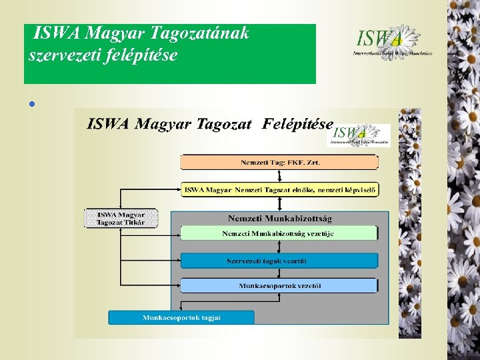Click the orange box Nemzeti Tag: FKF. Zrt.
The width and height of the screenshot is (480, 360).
[279, 162]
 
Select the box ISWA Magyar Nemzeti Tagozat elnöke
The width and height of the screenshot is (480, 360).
[279, 190]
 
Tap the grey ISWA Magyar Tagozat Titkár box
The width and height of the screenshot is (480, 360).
[121, 218]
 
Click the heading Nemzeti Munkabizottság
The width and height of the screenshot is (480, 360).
[280, 218]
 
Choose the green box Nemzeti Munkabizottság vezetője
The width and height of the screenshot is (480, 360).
[279, 233]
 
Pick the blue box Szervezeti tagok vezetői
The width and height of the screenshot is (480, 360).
[279, 260]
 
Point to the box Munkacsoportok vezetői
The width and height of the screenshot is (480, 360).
[279, 286]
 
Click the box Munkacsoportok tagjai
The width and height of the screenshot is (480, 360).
[181, 317]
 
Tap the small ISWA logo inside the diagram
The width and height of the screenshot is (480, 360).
[358, 135]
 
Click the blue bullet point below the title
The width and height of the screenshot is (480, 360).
[31, 104]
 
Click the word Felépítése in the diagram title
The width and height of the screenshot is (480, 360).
[297, 124]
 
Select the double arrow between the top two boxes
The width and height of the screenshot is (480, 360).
[279, 176]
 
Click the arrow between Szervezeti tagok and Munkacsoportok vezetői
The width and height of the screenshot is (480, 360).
[279, 273]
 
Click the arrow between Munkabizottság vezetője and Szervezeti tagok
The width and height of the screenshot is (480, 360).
[279, 247]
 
